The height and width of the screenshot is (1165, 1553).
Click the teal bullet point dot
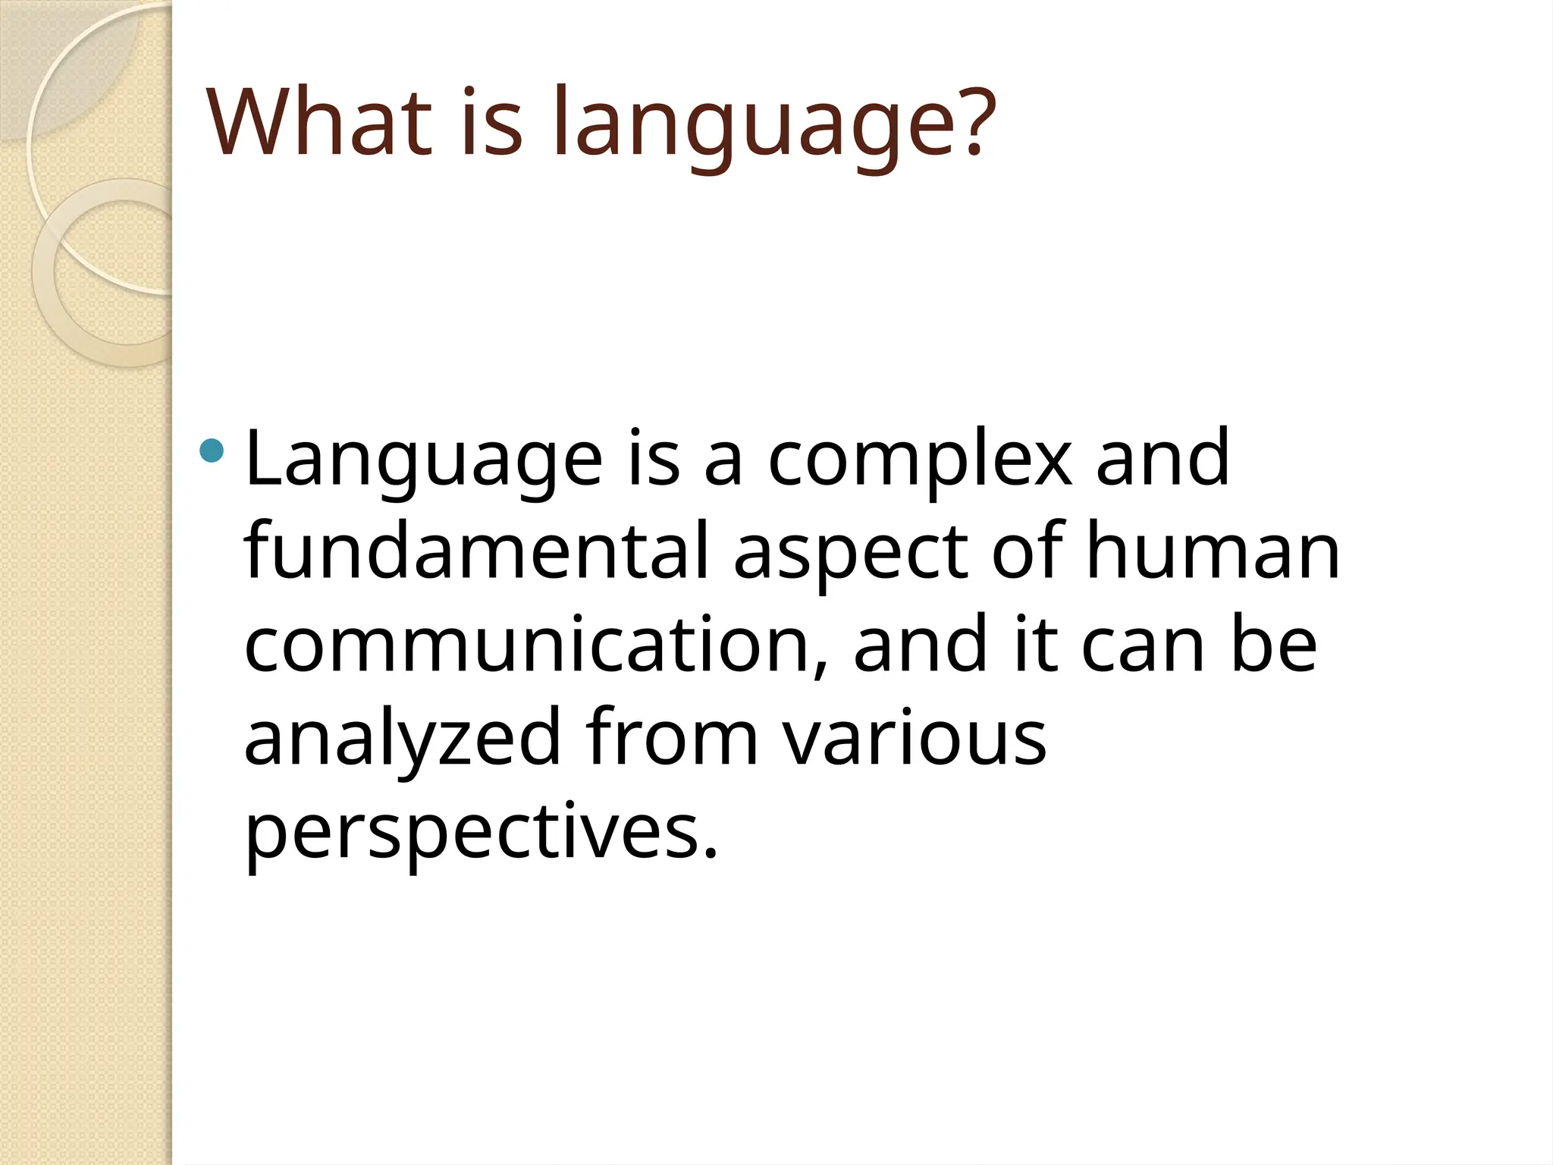(212, 451)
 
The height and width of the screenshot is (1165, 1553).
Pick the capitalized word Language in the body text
(424, 460)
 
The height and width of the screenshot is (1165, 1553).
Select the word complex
(920, 460)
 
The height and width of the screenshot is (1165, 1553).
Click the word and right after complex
(1162, 458)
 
